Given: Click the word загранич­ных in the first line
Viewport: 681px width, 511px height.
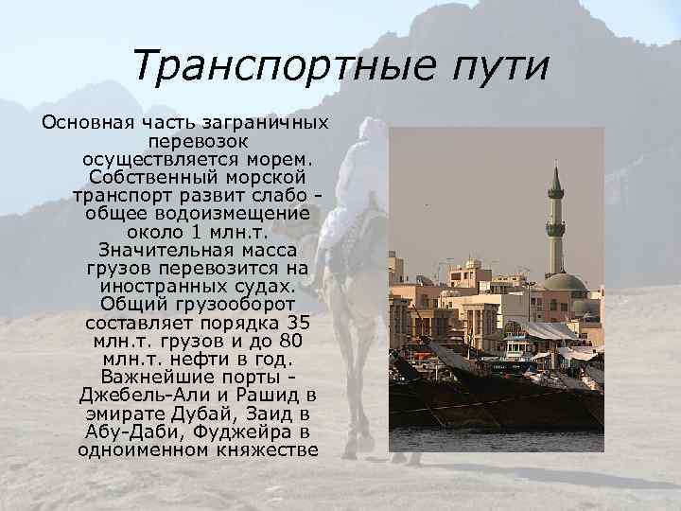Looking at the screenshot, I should click(x=276, y=123).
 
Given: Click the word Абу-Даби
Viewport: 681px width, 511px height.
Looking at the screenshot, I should click(x=121, y=432).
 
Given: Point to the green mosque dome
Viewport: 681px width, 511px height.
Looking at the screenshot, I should click(x=566, y=282).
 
